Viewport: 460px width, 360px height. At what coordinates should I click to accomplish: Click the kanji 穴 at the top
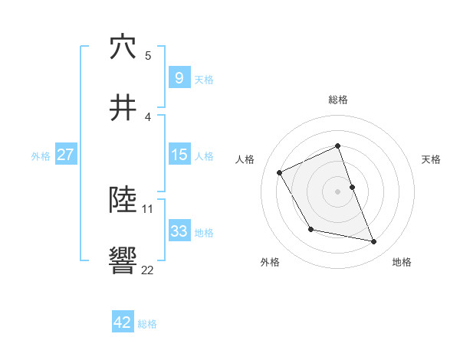click(123, 47)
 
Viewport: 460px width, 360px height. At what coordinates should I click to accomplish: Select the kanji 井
click(123, 108)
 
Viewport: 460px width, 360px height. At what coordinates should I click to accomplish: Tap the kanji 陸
click(123, 200)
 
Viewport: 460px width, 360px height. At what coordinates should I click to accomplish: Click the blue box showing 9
click(179, 77)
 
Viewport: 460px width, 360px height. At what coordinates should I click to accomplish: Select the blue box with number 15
click(179, 155)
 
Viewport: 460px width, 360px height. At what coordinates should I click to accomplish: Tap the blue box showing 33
click(179, 231)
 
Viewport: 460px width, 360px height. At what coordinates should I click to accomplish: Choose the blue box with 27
click(65, 155)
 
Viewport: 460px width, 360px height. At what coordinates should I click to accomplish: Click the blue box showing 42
click(123, 322)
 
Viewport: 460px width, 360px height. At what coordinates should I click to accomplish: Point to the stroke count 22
click(148, 270)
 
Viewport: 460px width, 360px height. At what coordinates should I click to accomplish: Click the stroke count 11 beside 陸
click(148, 208)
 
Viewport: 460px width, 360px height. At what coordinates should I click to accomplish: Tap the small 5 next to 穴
click(148, 55)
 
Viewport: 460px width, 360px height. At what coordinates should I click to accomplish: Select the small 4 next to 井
click(148, 116)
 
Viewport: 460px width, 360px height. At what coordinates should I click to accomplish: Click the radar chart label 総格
click(338, 100)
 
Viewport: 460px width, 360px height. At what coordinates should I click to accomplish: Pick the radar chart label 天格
click(432, 159)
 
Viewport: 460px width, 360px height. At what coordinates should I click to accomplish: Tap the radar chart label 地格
click(402, 262)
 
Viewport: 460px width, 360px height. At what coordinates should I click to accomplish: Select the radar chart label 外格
click(270, 262)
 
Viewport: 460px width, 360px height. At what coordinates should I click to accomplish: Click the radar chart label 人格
click(245, 159)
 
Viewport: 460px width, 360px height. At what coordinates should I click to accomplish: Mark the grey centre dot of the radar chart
click(337, 191)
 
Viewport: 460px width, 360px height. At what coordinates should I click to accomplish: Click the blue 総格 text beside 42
click(147, 324)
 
